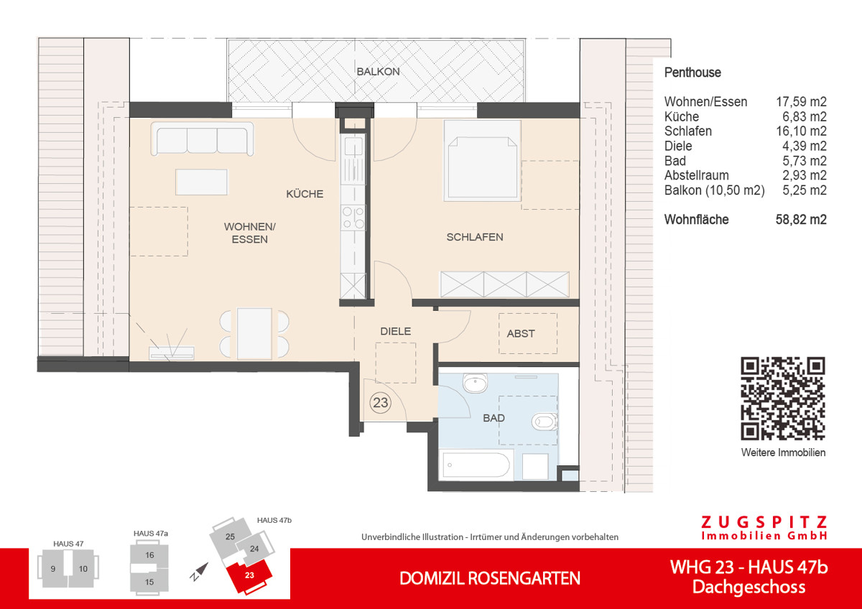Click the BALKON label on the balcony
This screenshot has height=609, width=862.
378,72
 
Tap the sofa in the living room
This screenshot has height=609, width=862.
202,139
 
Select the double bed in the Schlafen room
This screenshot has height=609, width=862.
481,159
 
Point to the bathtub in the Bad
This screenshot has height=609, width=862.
476,465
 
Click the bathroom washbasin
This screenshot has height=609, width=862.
475,384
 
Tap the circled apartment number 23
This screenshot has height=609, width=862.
380,403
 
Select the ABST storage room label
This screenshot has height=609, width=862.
521,333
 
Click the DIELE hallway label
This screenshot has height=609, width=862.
396,331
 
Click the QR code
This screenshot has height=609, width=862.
783,398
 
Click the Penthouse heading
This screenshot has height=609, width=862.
692,73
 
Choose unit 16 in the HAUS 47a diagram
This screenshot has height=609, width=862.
149,555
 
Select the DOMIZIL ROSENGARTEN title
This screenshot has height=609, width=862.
490,578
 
